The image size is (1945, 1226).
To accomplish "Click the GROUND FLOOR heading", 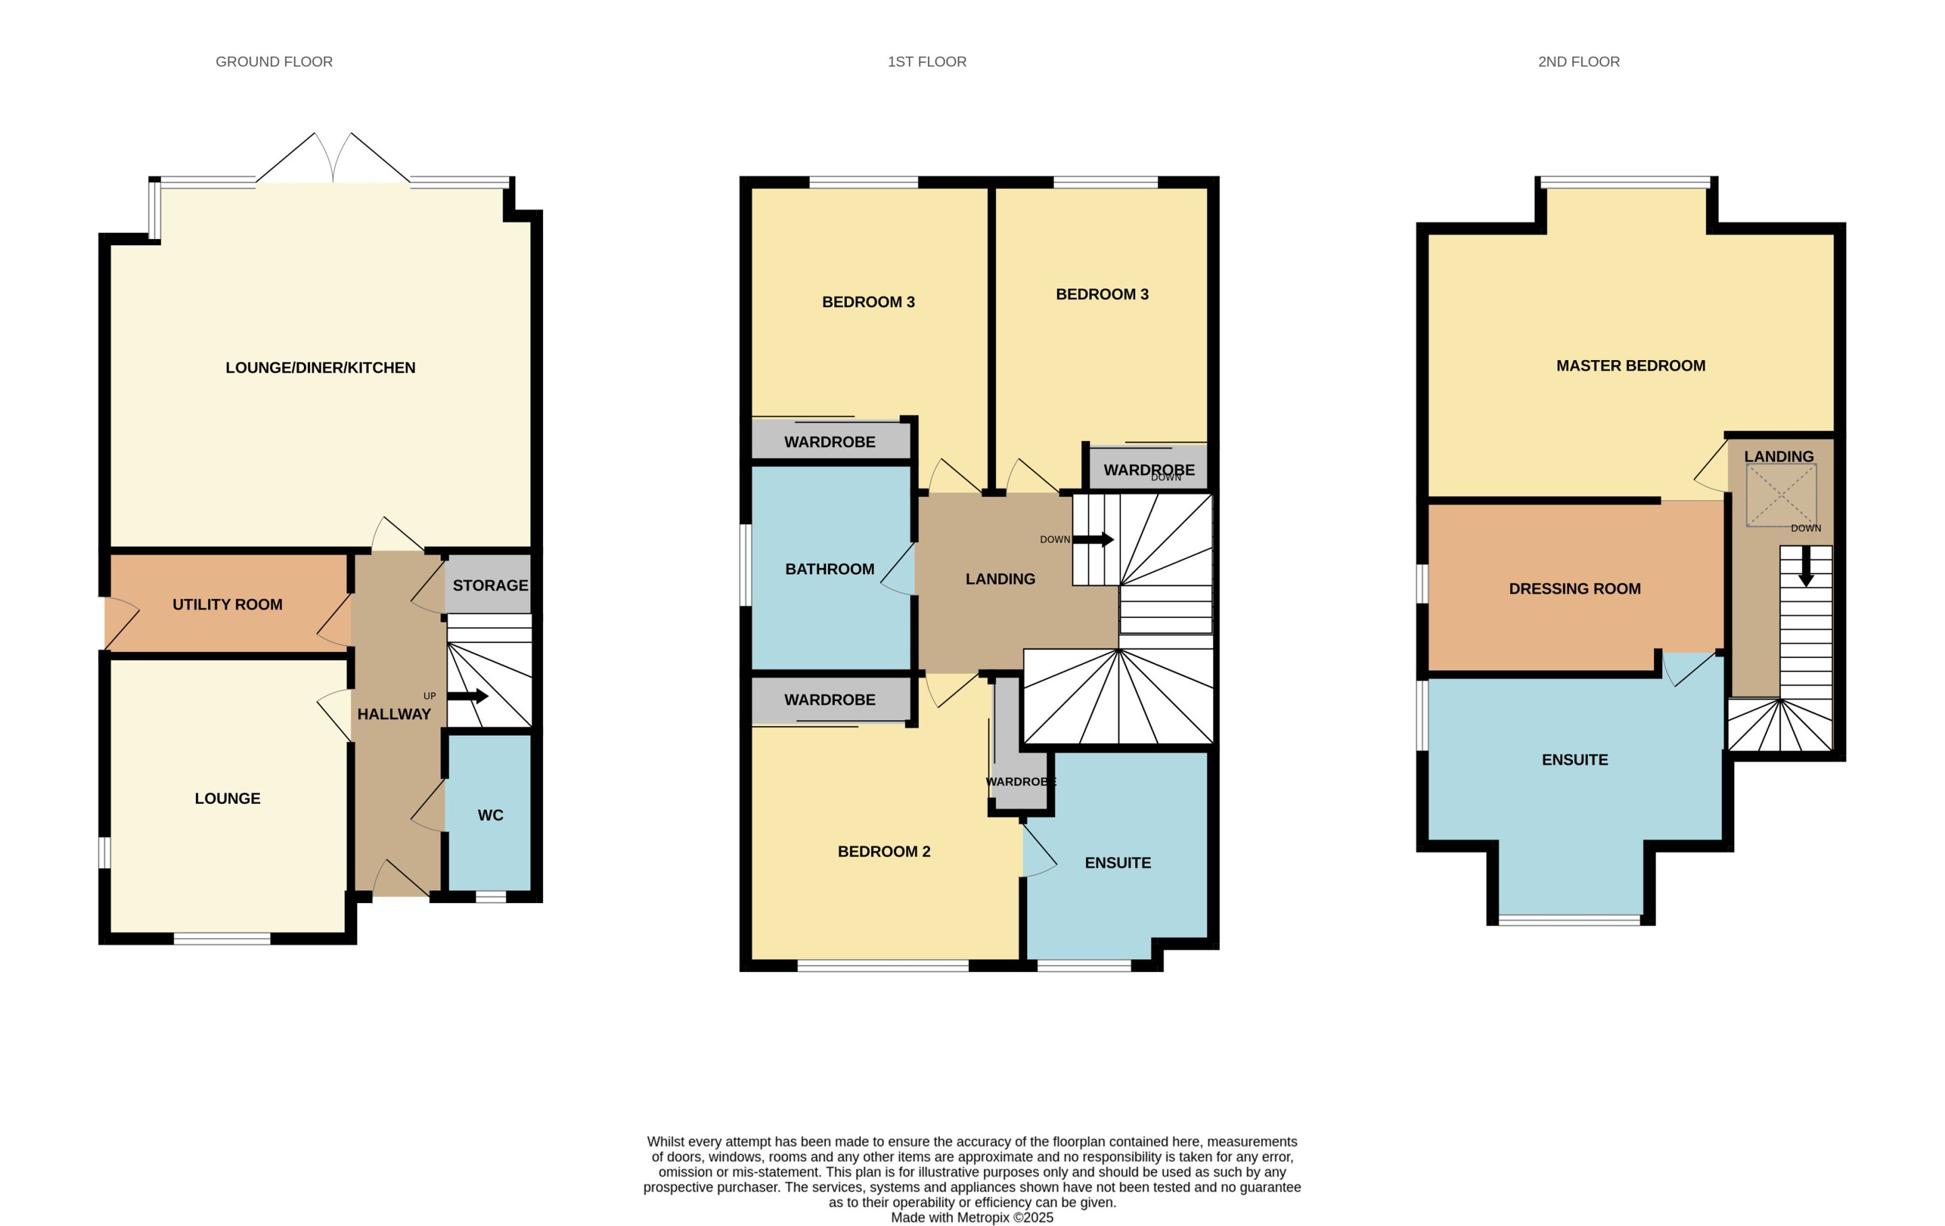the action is click(274, 62).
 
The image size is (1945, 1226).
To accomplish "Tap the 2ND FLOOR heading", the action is click(1578, 62).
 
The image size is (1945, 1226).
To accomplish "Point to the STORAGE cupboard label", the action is click(490, 586).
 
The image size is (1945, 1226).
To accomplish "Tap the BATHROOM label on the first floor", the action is click(829, 569).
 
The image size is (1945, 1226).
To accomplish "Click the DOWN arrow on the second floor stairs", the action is click(1806, 567).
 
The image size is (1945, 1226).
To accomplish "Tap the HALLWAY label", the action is click(394, 714).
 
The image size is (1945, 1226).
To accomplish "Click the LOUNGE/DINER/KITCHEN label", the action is click(321, 367).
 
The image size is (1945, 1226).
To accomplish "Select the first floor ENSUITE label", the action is click(1118, 863).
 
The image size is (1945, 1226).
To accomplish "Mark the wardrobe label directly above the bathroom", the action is click(829, 442).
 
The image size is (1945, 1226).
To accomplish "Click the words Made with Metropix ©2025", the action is click(972, 1217).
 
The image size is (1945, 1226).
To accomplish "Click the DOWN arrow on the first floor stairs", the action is click(1093, 540).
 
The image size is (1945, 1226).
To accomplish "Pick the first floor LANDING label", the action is click(1000, 579).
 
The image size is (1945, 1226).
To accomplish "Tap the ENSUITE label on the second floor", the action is click(1574, 760).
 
